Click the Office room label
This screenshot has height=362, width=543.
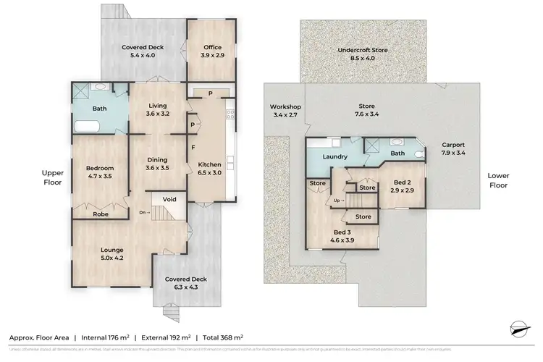(x=212, y=51)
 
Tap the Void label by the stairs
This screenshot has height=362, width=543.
(x=169, y=198)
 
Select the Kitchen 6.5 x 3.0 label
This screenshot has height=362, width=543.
(x=209, y=169)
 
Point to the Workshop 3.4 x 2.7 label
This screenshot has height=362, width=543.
(x=285, y=111)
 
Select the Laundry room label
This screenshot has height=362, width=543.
(x=335, y=156)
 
